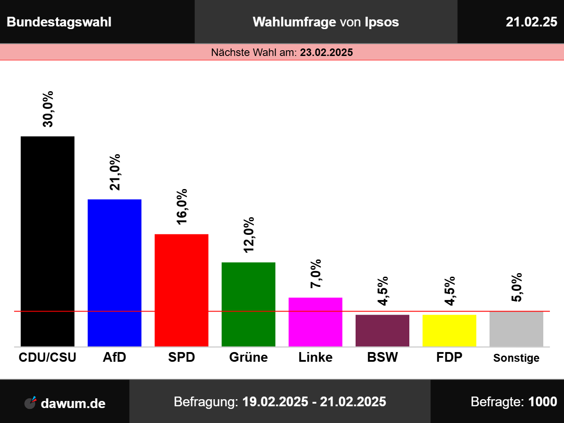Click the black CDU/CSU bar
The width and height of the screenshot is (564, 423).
(x=48, y=241)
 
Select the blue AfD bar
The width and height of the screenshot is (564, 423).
(x=115, y=273)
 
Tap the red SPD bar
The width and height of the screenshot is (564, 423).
(x=182, y=290)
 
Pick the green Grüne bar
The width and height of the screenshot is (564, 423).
(x=249, y=304)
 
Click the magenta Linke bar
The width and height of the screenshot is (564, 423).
(x=315, y=322)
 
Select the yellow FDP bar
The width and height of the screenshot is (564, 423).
(x=449, y=331)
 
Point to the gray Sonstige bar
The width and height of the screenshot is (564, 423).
(x=516, y=329)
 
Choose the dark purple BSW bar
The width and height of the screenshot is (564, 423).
(x=382, y=331)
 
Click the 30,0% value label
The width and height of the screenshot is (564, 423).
(x=48, y=109)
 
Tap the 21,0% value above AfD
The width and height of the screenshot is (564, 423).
(x=115, y=172)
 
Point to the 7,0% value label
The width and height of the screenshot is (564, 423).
(x=316, y=274)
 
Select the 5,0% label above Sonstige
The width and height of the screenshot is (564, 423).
(x=517, y=287)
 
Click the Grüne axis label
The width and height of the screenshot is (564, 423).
(x=249, y=357)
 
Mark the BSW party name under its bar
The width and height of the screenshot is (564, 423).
(x=382, y=357)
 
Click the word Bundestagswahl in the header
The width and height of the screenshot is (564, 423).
(x=59, y=22)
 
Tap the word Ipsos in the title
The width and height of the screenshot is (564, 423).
(x=382, y=22)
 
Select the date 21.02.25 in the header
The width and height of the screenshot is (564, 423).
(x=531, y=22)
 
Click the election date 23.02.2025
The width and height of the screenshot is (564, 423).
(x=327, y=52)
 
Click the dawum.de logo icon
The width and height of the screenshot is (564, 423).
(x=30, y=403)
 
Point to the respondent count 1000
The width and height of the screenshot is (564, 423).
(x=543, y=402)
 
